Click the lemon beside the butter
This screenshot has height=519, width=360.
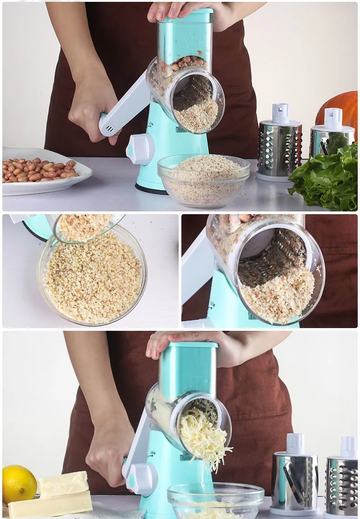coord(19,484)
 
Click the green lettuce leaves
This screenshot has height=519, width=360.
coord(326,178)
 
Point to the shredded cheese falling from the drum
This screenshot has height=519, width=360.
coord(203,437)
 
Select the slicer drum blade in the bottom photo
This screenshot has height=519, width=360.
coord(294,478)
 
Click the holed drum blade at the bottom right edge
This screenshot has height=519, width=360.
coord(343,483)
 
